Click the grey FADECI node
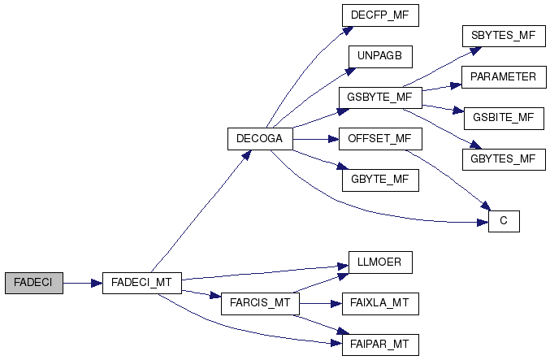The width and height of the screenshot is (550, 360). tap(33, 283)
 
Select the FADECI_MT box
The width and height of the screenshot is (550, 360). tap(141, 283)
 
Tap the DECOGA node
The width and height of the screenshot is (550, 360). tap(259, 139)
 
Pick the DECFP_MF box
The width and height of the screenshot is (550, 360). tap(379, 15)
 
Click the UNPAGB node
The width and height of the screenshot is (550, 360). tap(379, 57)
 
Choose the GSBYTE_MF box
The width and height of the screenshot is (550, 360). tap(379, 98)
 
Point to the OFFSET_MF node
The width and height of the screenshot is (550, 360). tap(379, 139)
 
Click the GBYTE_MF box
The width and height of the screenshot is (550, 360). tap(379, 180)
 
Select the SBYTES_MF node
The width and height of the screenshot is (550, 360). tap(503, 36)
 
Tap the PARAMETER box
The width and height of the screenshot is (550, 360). tap(503, 77)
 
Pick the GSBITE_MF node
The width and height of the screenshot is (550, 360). tap(503, 118)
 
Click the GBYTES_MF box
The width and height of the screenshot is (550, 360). tap(503, 159)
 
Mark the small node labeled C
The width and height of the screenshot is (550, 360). tap(503, 221)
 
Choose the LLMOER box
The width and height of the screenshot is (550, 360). tap(379, 262)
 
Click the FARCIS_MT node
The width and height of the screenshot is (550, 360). tap(259, 304)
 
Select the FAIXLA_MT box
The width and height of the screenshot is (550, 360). tap(379, 304)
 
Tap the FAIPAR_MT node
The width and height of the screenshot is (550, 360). tap(379, 345)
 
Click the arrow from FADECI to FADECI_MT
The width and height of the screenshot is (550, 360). tap(82, 283)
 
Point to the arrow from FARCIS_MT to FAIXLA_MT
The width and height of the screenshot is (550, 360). tap(318, 304)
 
